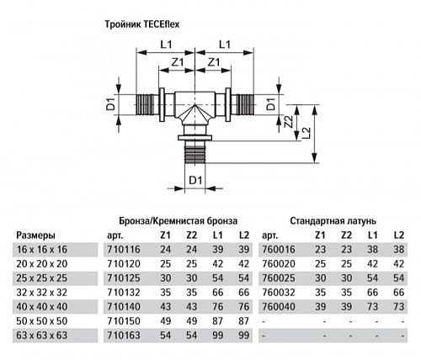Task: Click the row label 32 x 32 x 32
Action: [x=41, y=293]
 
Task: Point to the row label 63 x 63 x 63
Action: [x=41, y=336]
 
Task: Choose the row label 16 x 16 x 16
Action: [x=41, y=250]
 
